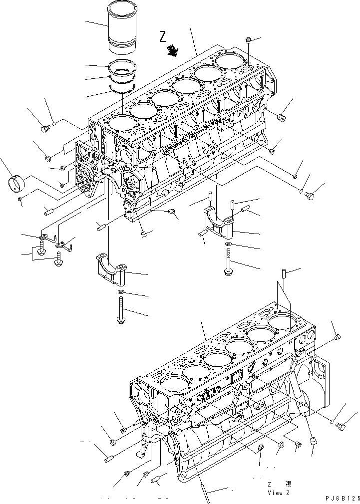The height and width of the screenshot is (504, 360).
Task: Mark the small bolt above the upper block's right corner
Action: click(x=249, y=40)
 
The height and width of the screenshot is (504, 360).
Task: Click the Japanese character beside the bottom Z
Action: click(x=289, y=484)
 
